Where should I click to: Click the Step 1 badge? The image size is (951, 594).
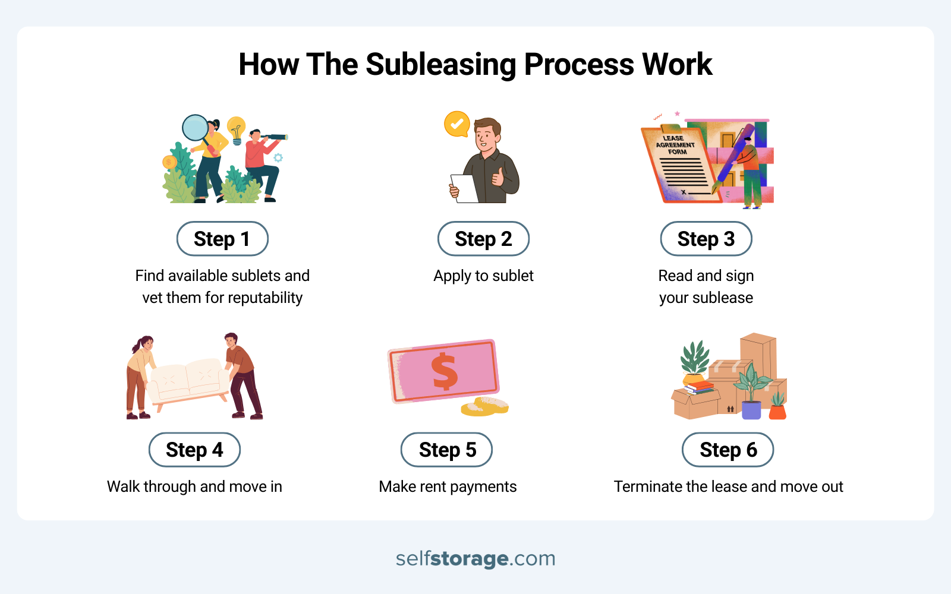(222, 239)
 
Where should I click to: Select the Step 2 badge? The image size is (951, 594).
(483, 239)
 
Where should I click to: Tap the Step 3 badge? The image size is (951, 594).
(706, 239)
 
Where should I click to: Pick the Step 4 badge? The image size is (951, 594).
(194, 450)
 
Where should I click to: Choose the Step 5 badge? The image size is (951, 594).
(447, 450)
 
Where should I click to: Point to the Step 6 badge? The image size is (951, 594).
(728, 450)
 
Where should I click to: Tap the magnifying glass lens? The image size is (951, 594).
(195, 127)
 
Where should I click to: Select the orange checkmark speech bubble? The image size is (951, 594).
(456, 124)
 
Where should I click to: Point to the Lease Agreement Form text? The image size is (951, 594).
(675, 145)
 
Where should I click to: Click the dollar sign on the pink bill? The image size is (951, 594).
(444, 372)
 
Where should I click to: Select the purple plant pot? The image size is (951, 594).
(751, 410)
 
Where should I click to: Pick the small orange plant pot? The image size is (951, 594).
(777, 412)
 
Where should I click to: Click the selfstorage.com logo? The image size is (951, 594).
(475, 558)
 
